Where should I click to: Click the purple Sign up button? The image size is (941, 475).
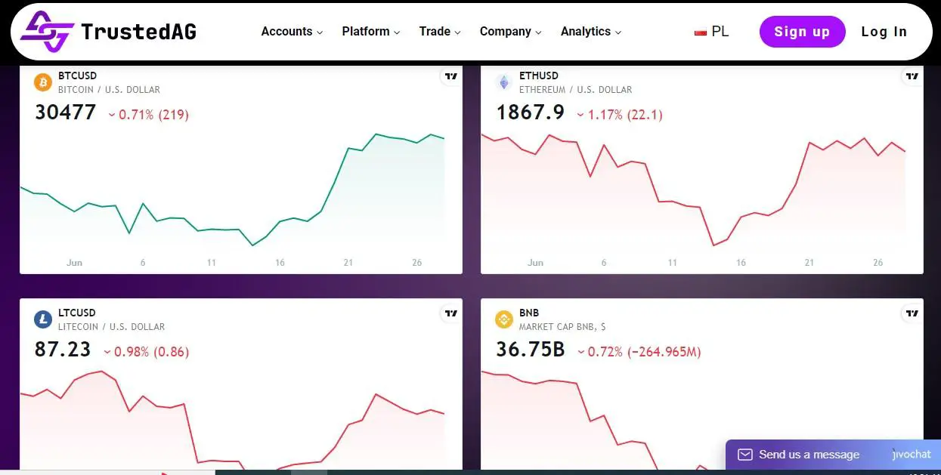[802, 32]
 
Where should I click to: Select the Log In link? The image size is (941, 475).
[884, 32]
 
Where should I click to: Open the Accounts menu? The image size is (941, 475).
[292, 32]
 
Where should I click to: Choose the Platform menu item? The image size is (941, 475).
[370, 32]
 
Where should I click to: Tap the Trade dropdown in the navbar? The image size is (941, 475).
[440, 32]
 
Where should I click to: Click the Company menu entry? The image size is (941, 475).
[510, 32]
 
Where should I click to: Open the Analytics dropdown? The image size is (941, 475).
[590, 32]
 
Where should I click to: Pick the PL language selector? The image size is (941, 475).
[712, 32]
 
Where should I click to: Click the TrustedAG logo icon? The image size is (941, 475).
[46, 32]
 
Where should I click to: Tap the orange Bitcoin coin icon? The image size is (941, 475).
[43, 82]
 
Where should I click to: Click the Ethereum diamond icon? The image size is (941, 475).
[504, 82]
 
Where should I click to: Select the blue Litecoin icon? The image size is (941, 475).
[43, 319]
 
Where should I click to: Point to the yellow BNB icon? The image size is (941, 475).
[504, 319]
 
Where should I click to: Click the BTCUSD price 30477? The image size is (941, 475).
[66, 113]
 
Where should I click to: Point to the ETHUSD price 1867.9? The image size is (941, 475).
[530, 113]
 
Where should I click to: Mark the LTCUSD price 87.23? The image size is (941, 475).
[63, 350]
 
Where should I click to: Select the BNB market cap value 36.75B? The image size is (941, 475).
[530, 350]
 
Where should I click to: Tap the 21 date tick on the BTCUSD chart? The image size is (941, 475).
[348, 263]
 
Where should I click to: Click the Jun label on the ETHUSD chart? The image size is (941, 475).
[535, 263]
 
